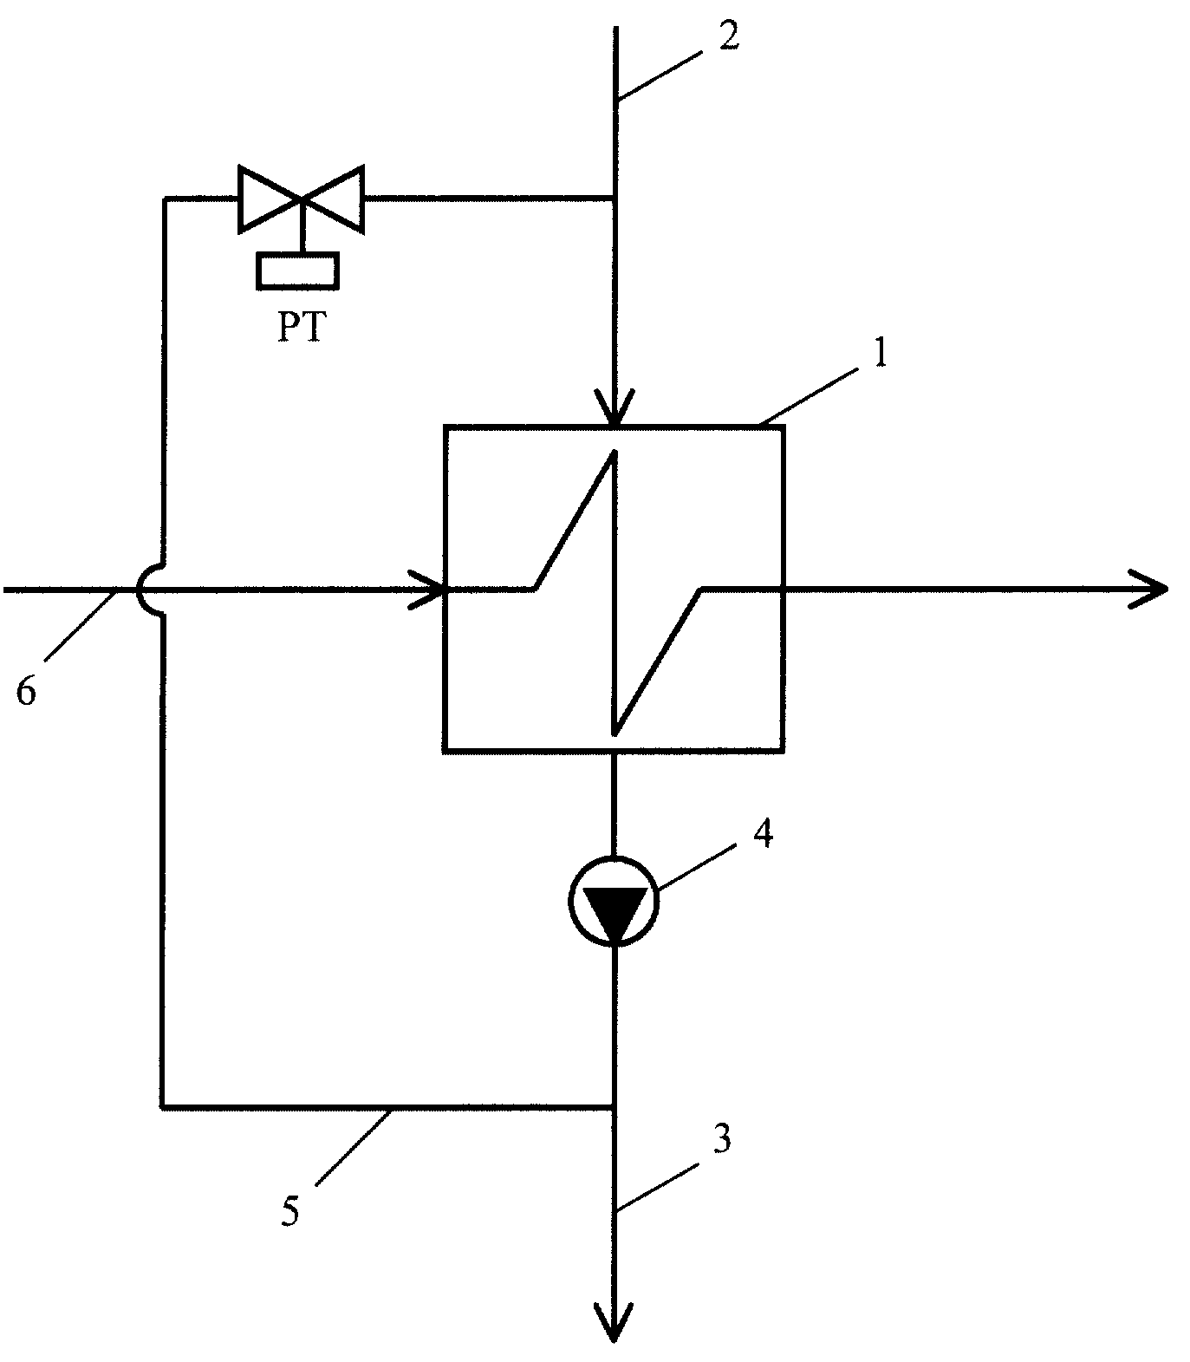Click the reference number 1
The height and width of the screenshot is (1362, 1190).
tap(879, 355)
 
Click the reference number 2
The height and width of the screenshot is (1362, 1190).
tap(729, 36)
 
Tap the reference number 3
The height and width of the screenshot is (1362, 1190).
tap(722, 1137)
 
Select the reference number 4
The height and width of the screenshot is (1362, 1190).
tap(762, 834)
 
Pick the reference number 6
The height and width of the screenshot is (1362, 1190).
tap(26, 692)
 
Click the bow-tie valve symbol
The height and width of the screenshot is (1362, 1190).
tap(301, 199)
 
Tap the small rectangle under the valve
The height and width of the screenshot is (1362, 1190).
tap(297, 270)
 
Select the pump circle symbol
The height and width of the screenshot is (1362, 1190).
tap(614, 901)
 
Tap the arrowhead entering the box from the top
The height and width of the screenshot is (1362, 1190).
tap(614, 407)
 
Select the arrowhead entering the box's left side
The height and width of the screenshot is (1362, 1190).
tap(427, 589)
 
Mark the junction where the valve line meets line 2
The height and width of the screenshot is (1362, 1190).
tap(614, 199)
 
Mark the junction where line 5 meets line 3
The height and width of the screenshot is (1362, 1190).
tap(614, 1107)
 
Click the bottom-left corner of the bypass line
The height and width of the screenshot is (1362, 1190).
tap(162, 1107)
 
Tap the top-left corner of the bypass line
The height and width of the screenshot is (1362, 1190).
tap(164, 199)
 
